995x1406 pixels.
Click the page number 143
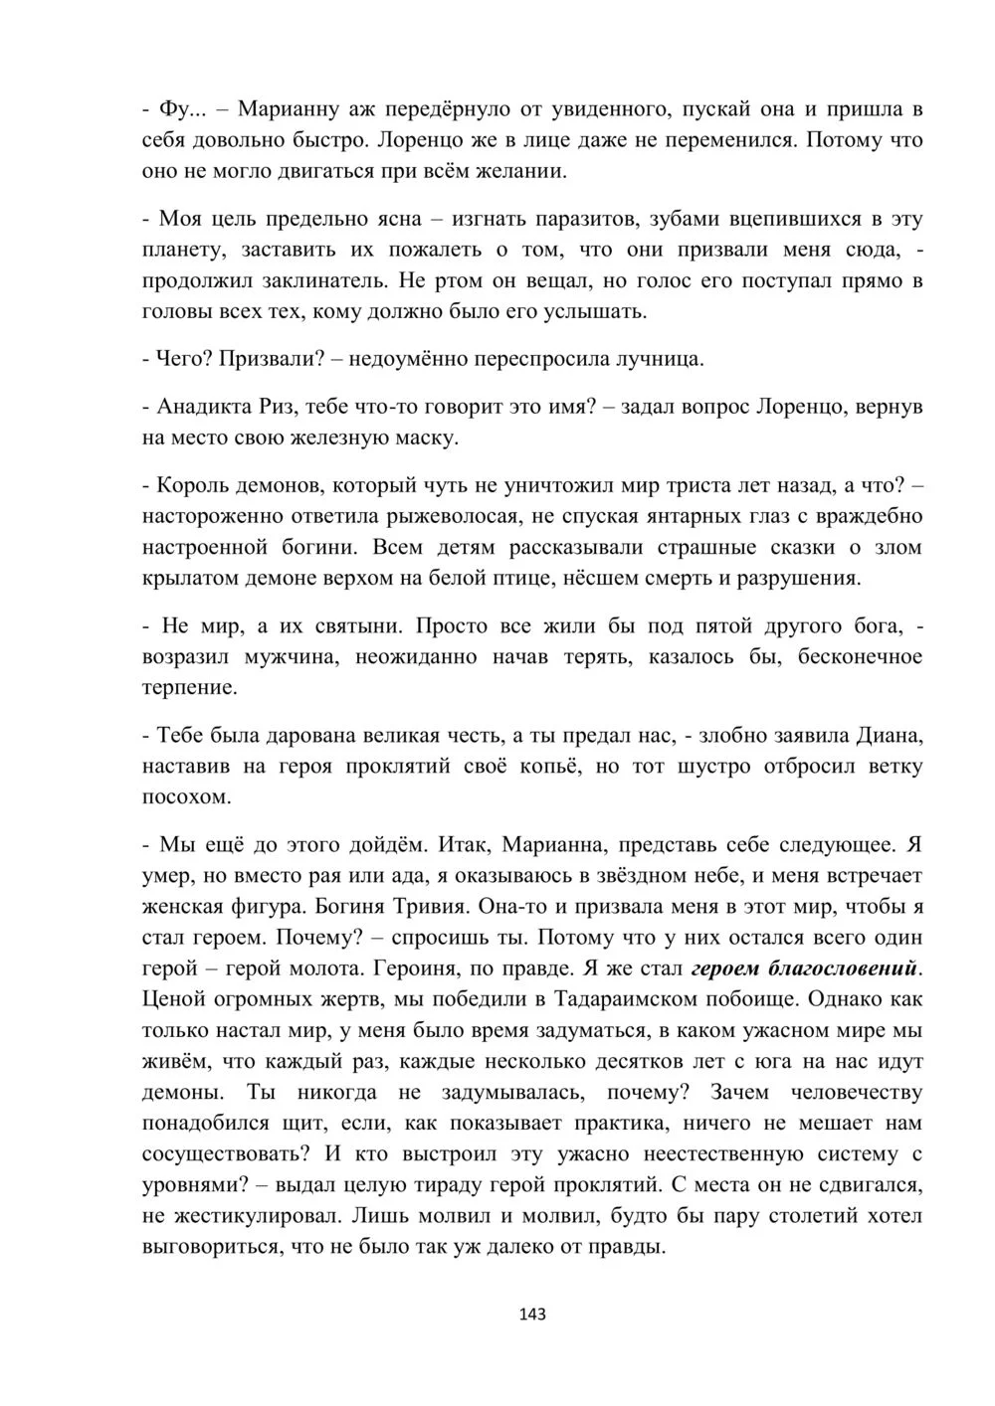pos(532,1314)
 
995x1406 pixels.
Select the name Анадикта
pos(205,407)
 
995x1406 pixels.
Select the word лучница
pos(664,359)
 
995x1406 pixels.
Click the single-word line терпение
pos(190,687)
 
